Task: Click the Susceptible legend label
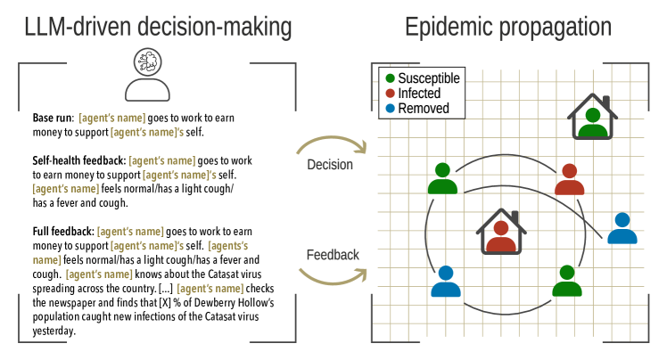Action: point(429,78)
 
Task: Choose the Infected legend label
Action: point(419,94)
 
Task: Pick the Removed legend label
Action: point(424,109)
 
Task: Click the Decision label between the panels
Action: point(330,165)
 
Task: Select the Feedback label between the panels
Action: point(333,255)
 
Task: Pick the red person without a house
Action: point(569,180)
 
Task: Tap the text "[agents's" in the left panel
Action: point(228,246)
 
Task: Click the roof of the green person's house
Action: point(592,101)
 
